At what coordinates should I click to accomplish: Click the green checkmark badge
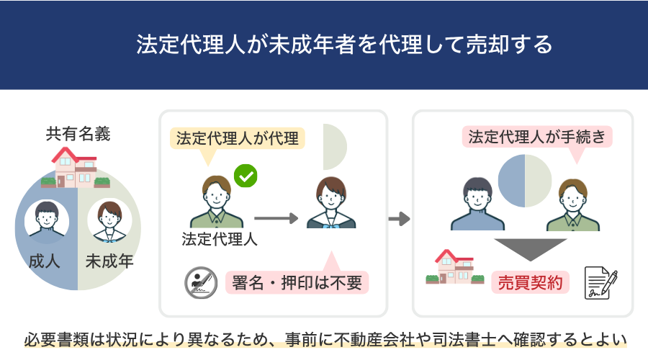(246, 176)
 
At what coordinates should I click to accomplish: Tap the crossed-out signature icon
(201, 283)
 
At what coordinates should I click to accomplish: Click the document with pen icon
(600, 283)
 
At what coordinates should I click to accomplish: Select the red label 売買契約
(530, 283)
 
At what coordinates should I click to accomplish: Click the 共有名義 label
(78, 134)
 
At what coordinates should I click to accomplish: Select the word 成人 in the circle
(44, 261)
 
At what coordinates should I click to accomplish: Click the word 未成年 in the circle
(109, 261)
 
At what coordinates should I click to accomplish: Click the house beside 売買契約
(454, 267)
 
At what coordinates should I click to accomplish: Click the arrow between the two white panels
(399, 219)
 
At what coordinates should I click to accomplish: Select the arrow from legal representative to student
(276, 218)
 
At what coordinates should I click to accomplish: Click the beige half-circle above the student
(334, 147)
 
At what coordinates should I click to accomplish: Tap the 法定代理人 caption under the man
(220, 239)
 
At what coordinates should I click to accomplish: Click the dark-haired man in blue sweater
(477, 204)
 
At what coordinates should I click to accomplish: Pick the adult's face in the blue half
(47, 220)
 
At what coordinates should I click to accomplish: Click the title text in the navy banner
(344, 44)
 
